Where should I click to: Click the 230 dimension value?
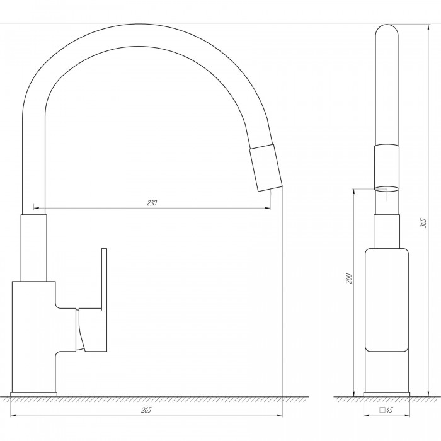(x=152, y=203)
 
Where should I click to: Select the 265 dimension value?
(x=146, y=409)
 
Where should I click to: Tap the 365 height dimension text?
(x=424, y=223)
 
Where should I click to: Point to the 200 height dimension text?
(x=349, y=278)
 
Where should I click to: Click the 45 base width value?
(x=389, y=410)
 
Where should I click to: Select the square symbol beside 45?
(x=382, y=409)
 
